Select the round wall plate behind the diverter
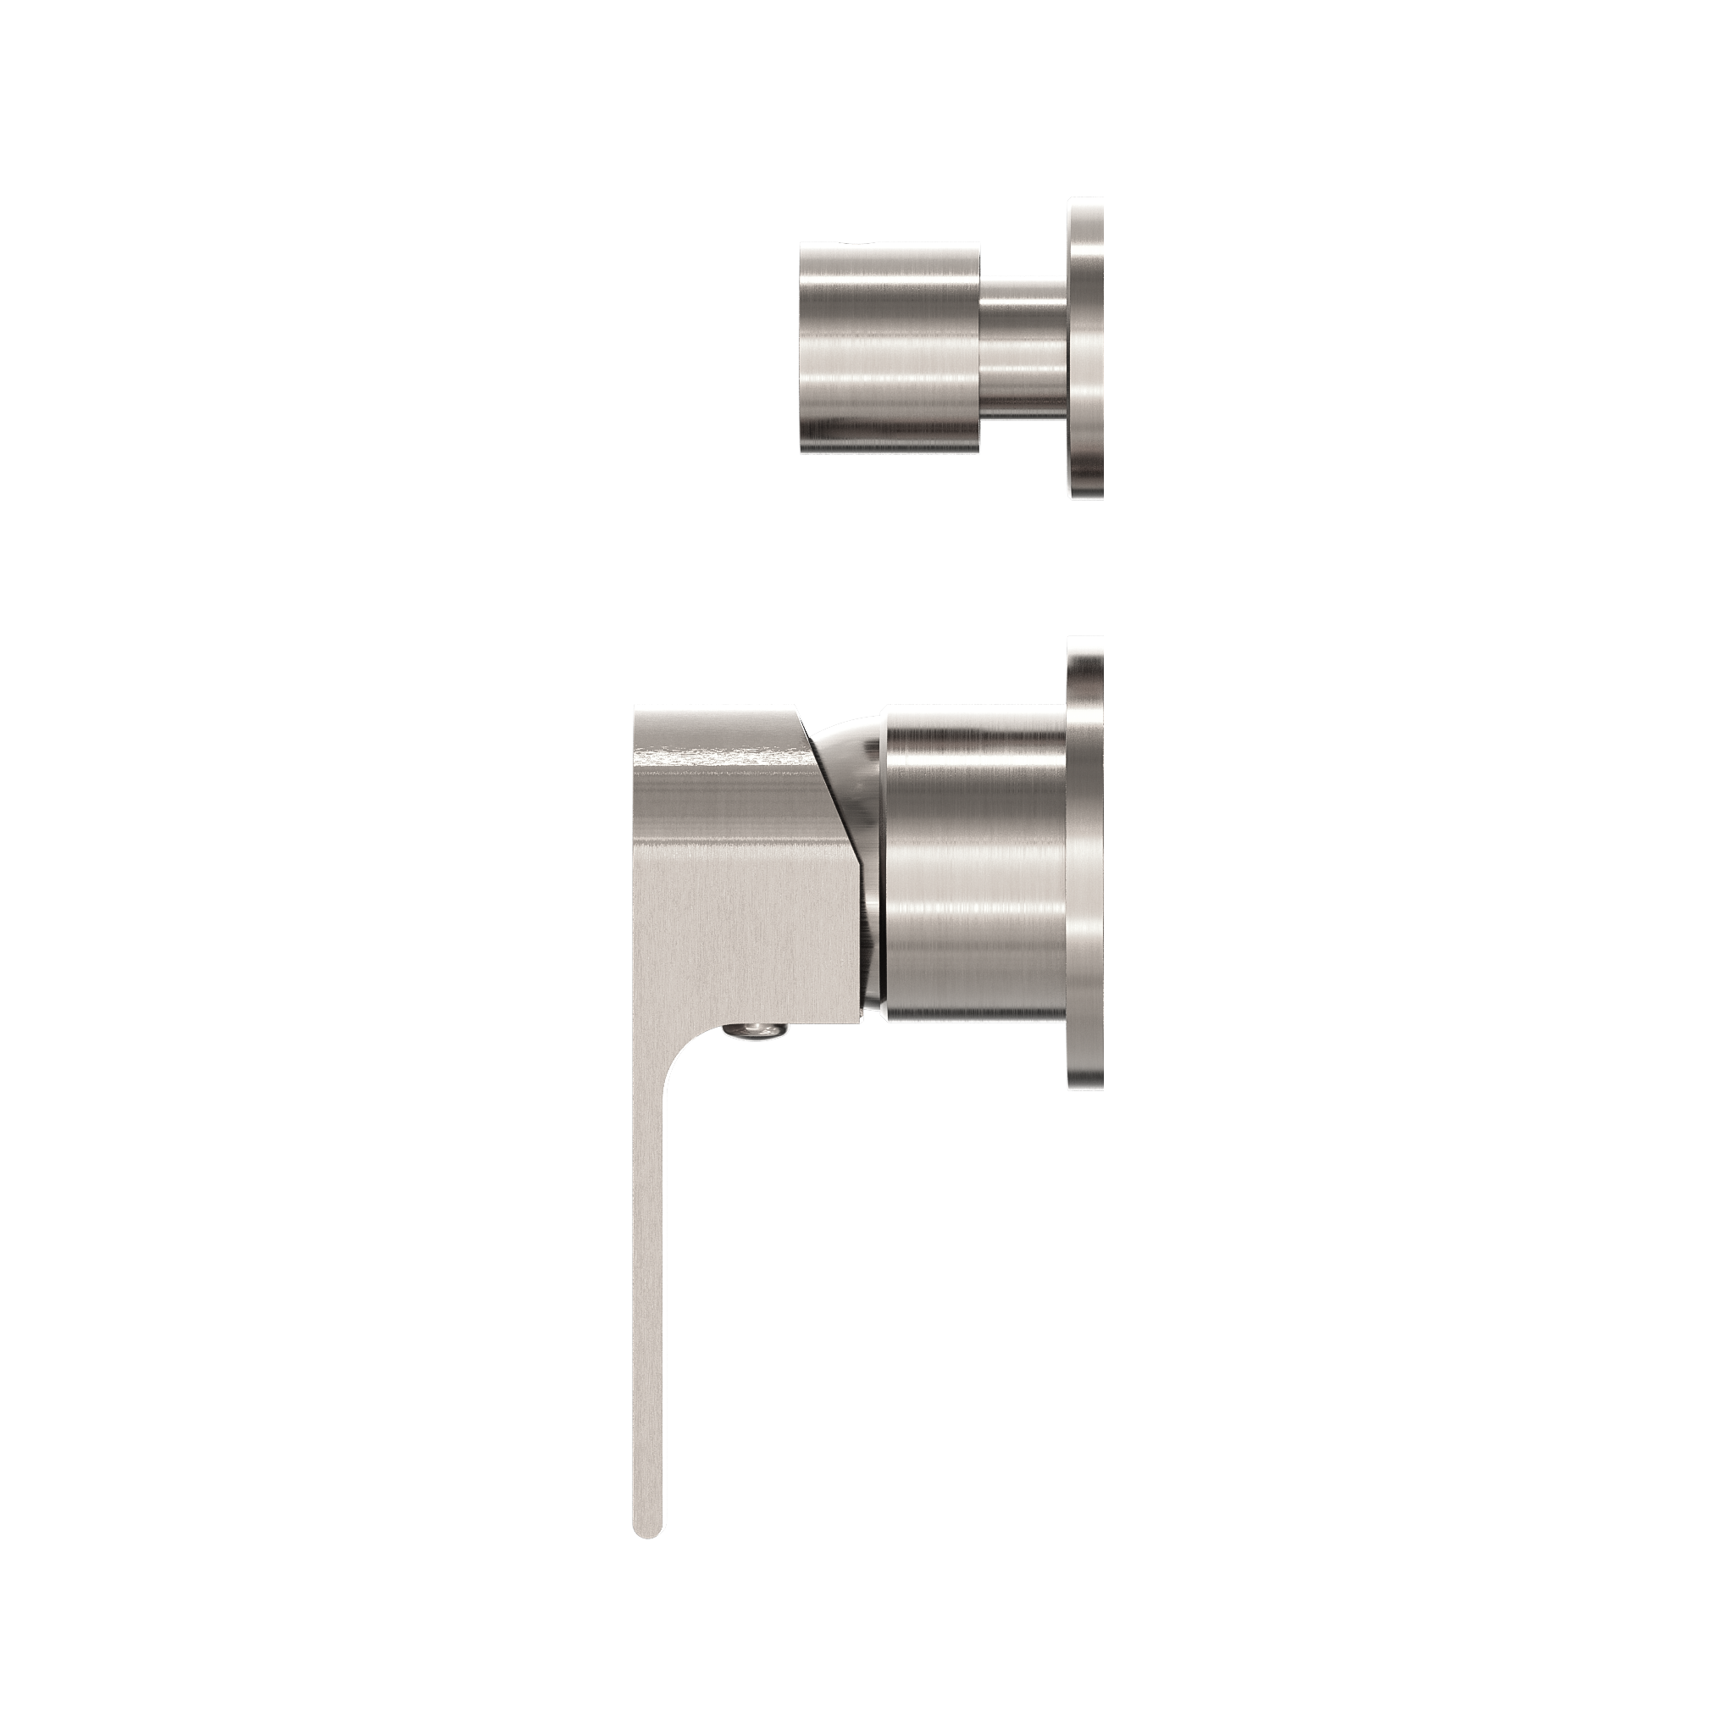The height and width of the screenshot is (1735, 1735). point(1086,346)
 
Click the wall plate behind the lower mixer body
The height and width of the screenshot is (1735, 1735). point(1086,863)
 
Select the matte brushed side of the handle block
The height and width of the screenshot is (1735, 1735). point(736,898)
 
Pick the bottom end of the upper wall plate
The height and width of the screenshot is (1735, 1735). point(1088,492)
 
